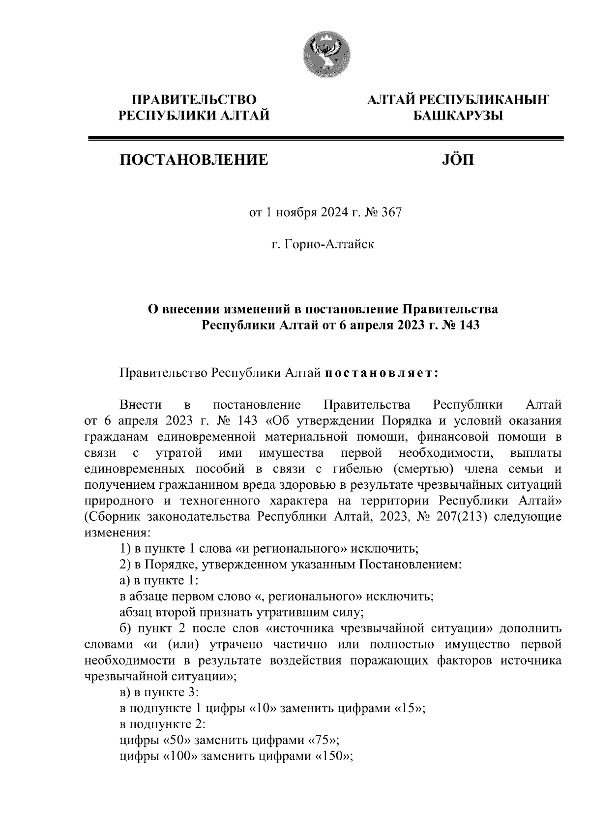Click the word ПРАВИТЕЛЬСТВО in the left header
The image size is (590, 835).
point(195,100)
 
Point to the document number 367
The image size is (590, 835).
point(392,213)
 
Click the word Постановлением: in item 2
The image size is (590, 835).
point(411,565)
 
